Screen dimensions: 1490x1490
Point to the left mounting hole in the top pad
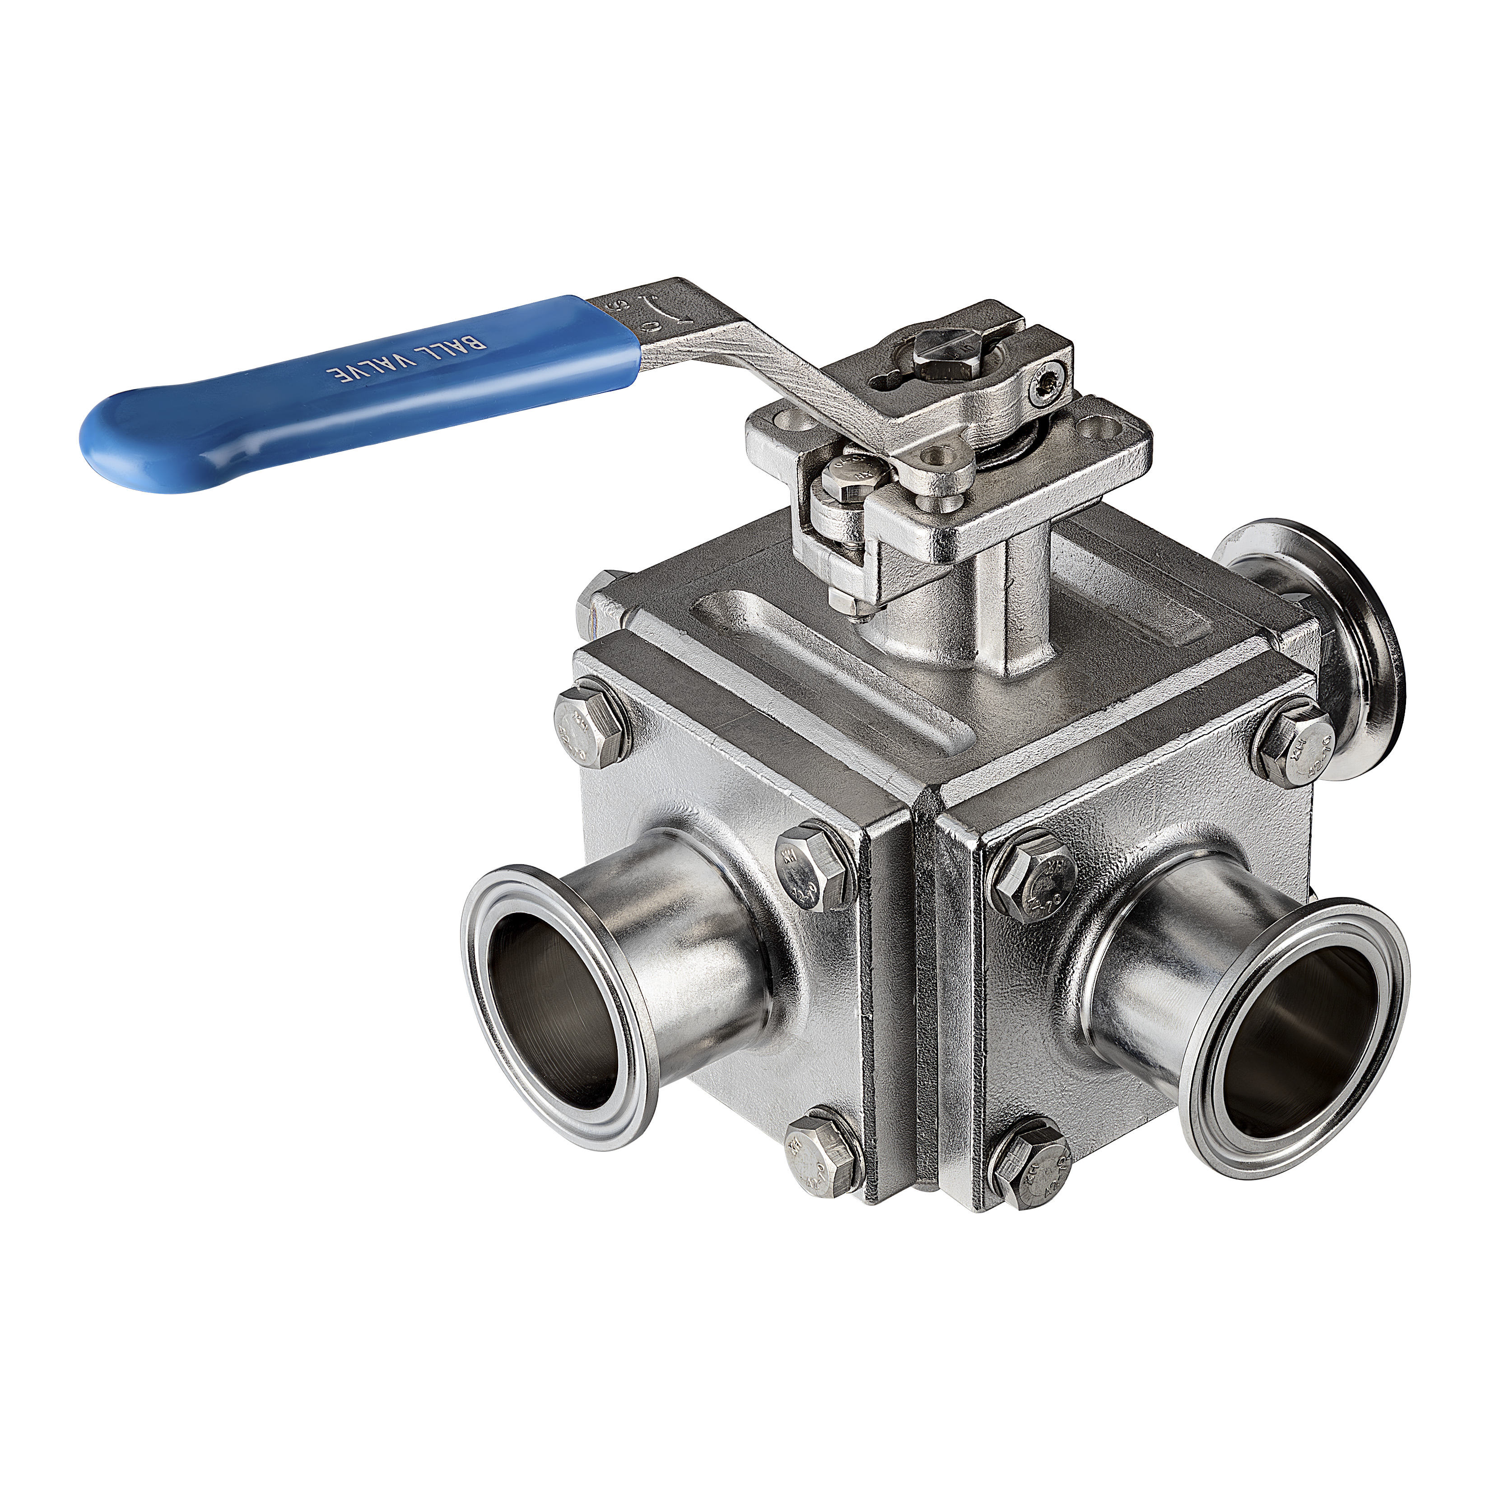[794, 422]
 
